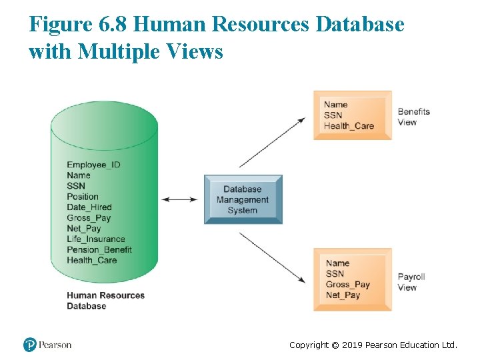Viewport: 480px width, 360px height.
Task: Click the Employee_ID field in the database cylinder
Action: point(93,165)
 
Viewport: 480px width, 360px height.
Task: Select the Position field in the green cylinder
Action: point(83,197)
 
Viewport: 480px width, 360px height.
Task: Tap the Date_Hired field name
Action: point(89,207)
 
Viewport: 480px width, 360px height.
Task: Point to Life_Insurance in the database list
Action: point(96,239)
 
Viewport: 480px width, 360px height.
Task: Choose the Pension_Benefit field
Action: point(99,250)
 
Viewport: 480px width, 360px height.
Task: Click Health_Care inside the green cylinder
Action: point(92,261)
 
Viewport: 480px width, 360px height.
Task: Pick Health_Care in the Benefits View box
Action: point(349,126)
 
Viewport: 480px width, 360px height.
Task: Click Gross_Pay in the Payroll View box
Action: point(347,285)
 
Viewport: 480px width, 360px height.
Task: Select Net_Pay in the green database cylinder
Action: point(84,229)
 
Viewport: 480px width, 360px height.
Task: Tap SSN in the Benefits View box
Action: point(333,115)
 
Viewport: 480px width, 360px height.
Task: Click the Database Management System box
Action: point(243,199)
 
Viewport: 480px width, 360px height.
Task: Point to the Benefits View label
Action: point(413,117)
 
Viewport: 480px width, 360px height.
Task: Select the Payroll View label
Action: point(411,282)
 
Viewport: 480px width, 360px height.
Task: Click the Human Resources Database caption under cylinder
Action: point(105,301)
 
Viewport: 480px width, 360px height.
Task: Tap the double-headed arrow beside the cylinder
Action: point(180,199)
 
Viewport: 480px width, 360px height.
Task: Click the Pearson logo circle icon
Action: point(29,345)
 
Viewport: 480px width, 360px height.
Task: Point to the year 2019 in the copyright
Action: point(350,345)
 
